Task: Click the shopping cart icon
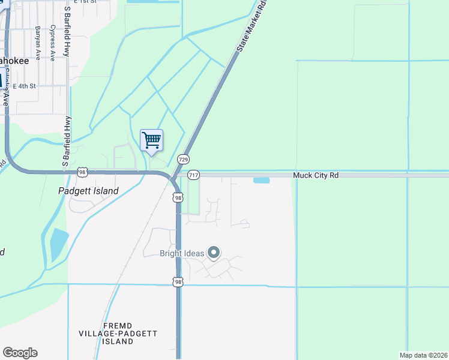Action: click(151, 140)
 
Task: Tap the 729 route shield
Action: click(184, 159)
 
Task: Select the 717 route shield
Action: click(193, 175)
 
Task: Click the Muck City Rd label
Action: click(316, 175)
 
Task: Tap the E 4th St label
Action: click(24, 86)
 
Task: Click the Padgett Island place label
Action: click(88, 191)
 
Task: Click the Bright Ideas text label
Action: click(182, 253)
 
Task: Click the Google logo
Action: click(20, 353)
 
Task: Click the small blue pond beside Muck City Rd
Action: click(261, 180)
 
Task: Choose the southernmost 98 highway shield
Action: click(178, 281)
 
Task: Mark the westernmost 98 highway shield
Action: click(83, 172)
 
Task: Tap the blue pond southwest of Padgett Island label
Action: click(59, 243)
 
